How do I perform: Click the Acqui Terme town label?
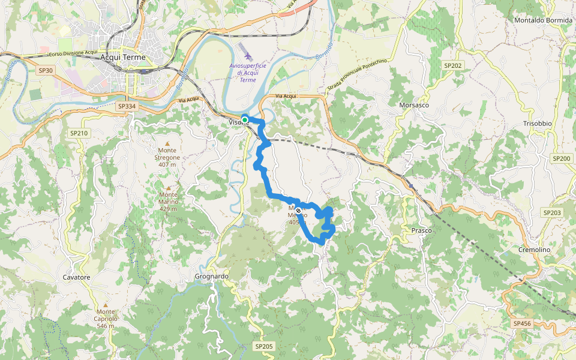coord(124,57)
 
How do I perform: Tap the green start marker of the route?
coord(245,119)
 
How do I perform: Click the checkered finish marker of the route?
coord(298,211)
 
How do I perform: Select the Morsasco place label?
coord(414,105)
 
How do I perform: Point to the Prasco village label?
coord(422,230)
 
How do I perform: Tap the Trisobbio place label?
coord(537,123)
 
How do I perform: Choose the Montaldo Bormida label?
coord(541,20)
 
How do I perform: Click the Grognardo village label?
coord(212,277)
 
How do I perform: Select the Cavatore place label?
coord(76,277)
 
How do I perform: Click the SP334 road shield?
coord(127,106)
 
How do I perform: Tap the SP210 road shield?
coord(79,133)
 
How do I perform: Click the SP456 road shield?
coord(522,323)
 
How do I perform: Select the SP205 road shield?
coord(263,346)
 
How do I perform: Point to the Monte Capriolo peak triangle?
coord(106,304)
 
